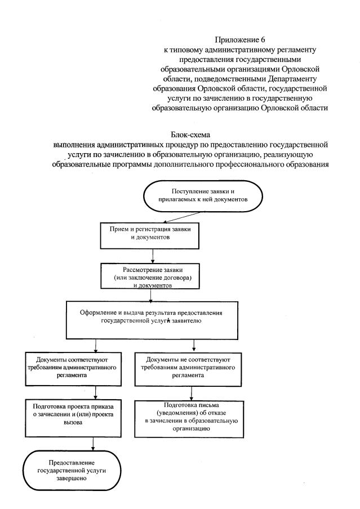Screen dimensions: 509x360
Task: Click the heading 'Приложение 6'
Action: tap(240, 39)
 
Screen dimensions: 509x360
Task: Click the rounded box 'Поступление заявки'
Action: tap(204, 196)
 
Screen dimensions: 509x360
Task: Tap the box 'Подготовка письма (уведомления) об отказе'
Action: tap(193, 416)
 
